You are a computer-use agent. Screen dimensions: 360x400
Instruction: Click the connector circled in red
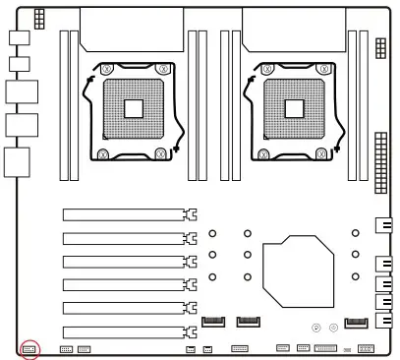(29, 348)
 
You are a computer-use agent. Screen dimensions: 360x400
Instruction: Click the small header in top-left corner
(38, 19)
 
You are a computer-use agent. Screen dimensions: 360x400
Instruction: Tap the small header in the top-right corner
(380, 49)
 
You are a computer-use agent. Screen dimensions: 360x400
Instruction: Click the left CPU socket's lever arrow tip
(175, 150)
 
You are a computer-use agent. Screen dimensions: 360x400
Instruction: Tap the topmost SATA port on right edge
(383, 226)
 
